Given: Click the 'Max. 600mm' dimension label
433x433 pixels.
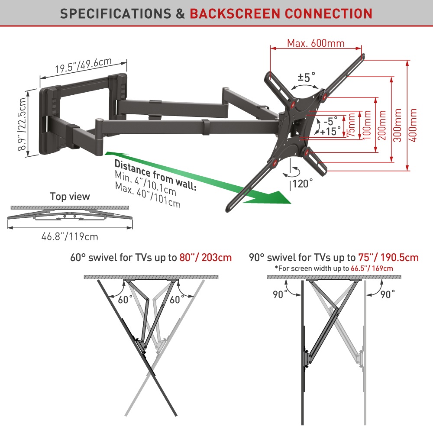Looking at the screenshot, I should click(x=316, y=43).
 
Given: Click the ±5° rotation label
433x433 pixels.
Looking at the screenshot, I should click(x=306, y=78).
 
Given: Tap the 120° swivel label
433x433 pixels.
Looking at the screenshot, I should click(x=303, y=183).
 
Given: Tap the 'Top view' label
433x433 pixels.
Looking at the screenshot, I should click(x=70, y=197).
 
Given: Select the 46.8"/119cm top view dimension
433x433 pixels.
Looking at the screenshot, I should click(x=70, y=236).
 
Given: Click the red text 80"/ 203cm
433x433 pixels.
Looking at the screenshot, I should click(x=205, y=258).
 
